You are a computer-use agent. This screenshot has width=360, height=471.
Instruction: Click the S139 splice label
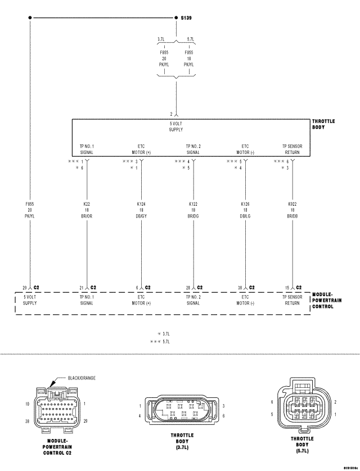[x=186, y=18]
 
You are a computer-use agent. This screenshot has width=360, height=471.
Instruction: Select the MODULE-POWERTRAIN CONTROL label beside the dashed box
[x=326, y=300]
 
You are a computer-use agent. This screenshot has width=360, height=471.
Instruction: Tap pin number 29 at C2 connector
[x=25, y=287]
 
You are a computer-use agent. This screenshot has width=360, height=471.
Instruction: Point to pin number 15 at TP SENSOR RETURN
[x=287, y=287]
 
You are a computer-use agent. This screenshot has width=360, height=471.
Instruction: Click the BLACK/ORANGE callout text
[x=82, y=378]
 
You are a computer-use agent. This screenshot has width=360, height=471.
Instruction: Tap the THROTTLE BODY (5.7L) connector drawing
[x=302, y=407]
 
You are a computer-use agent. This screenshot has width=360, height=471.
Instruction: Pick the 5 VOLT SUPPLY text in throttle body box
[x=176, y=127]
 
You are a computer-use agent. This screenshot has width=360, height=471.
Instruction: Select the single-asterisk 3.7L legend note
[x=164, y=334]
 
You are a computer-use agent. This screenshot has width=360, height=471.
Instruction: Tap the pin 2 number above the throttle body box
[x=171, y=114]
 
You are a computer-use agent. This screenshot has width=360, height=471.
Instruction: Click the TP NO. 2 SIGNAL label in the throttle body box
[x=193, y=150]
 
